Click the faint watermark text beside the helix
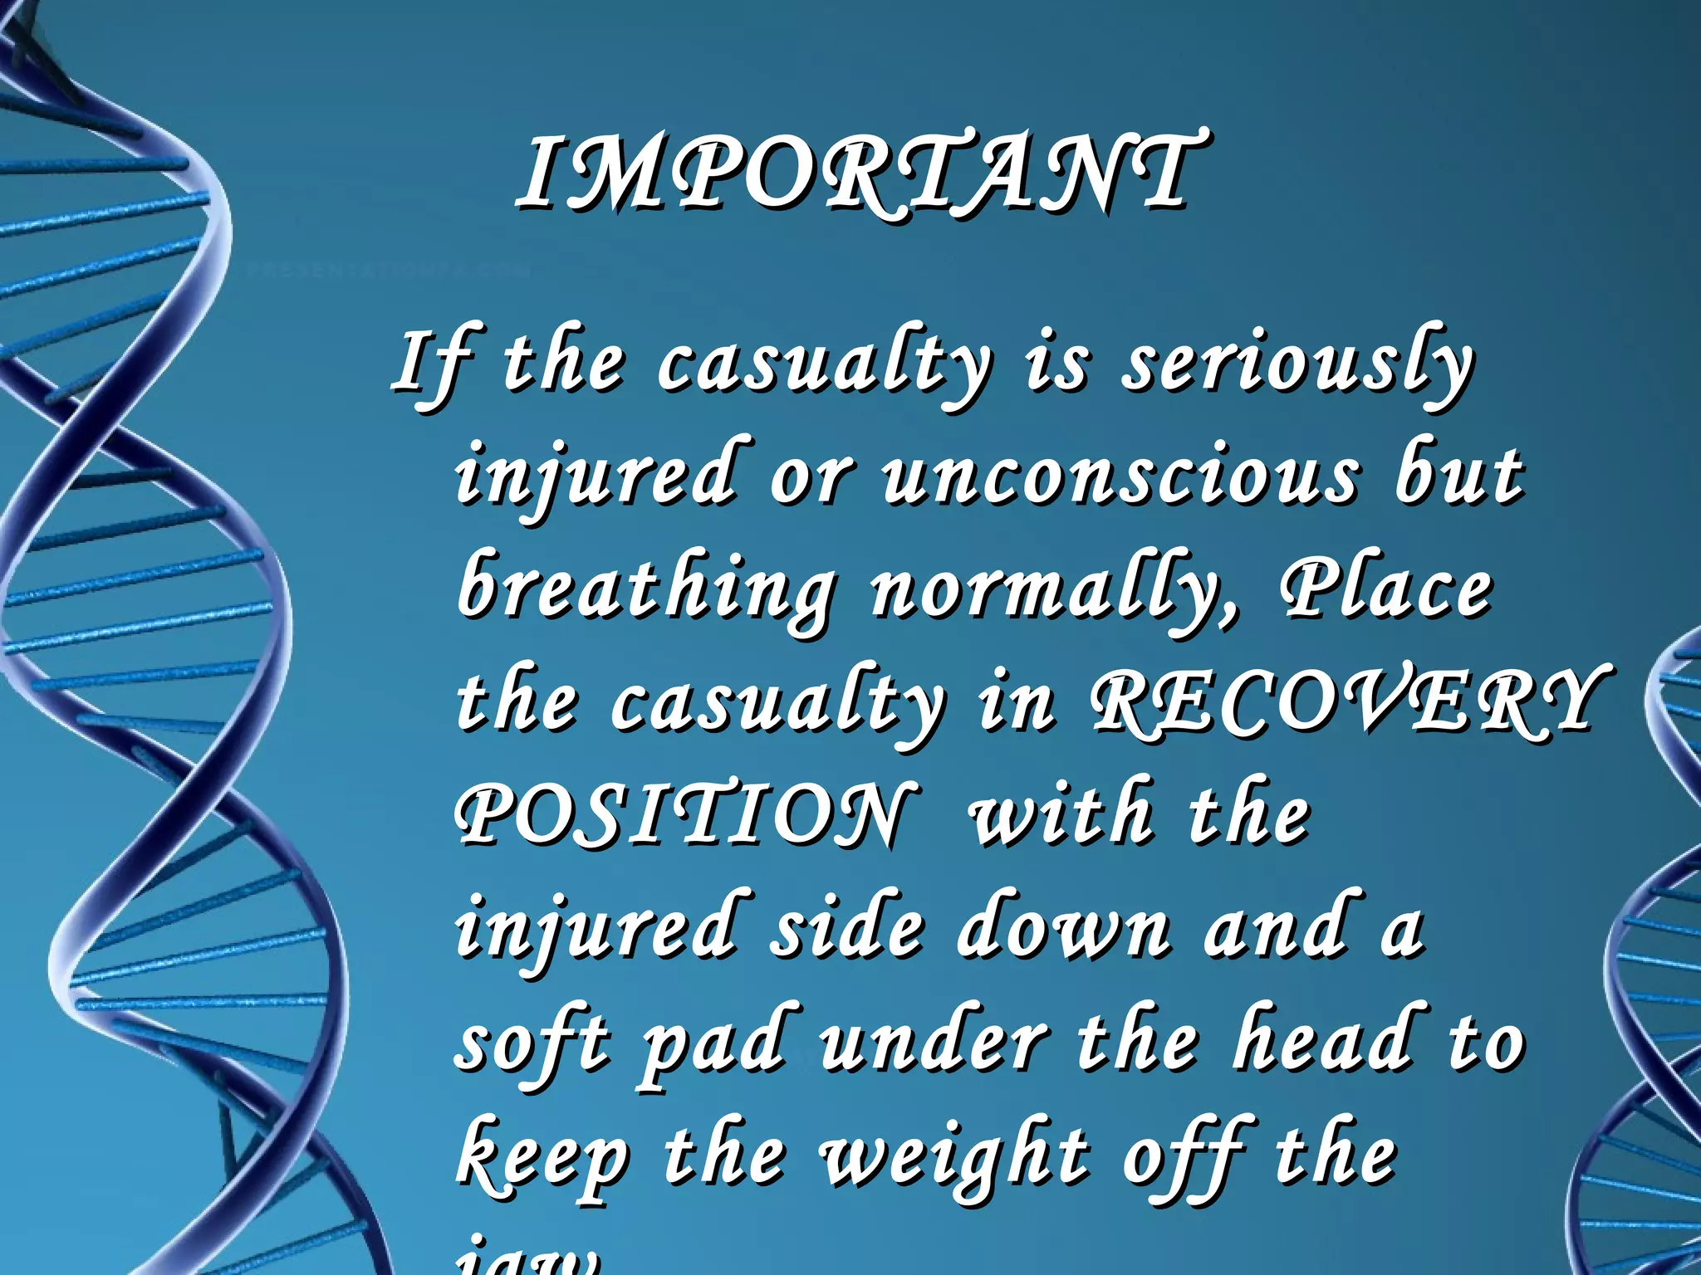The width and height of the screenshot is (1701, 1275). pyautogui.click(x=382, y=271)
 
